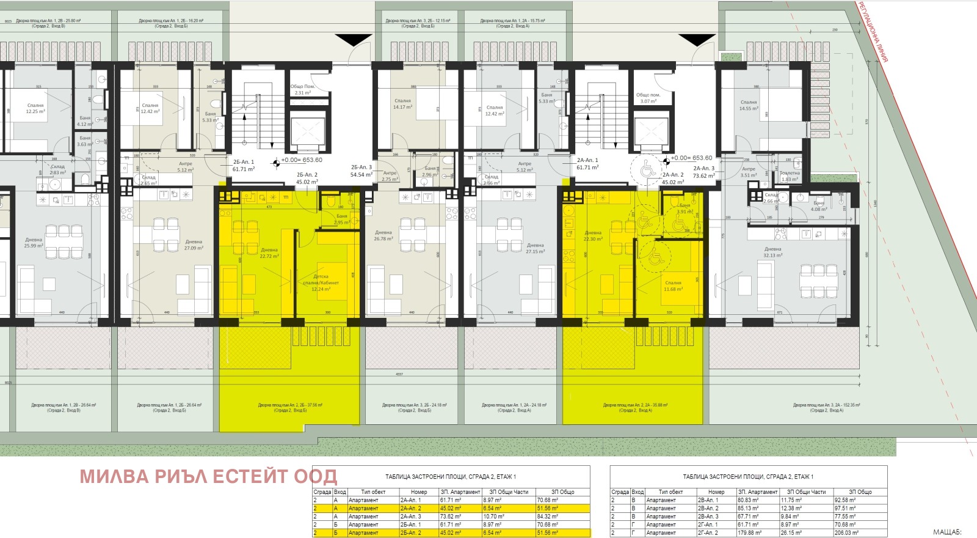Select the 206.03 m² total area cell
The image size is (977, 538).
(x=860, y=532)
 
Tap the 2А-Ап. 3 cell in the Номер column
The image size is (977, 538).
(x=410, y=517)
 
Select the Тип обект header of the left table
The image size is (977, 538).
(x=373, y=492)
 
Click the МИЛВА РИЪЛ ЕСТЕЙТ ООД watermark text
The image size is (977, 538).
(x=208, y=476)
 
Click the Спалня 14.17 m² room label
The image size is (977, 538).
(x=402, y=104)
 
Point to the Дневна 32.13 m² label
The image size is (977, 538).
(x=772, y=252)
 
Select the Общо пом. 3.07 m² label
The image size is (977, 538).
(x=647, y=98)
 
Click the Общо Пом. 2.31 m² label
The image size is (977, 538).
(x=303, y=90)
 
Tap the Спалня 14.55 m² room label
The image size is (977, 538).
(x=749, y=105)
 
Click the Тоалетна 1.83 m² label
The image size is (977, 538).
(x=790, y=176)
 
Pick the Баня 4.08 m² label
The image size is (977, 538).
(x=819, y=206)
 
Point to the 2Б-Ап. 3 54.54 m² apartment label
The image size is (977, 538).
(x=361, y=171)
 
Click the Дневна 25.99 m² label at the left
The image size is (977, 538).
(x=34, y=243)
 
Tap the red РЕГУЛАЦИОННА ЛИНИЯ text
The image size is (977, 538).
(x=873, y=32)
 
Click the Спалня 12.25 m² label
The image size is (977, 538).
(x=35, y=108)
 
